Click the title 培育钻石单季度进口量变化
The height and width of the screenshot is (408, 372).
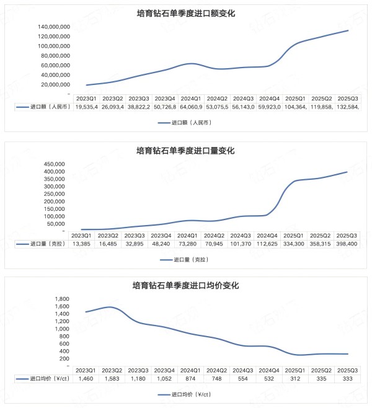tap(185, 150)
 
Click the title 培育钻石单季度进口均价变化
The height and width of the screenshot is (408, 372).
tap(185, 286)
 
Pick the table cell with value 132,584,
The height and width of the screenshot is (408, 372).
tap(347, 107)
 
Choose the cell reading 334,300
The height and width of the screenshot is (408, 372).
tap(293, 244)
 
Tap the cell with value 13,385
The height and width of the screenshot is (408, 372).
tap(81, 244)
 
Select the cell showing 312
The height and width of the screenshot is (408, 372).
tap(293, 378)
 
